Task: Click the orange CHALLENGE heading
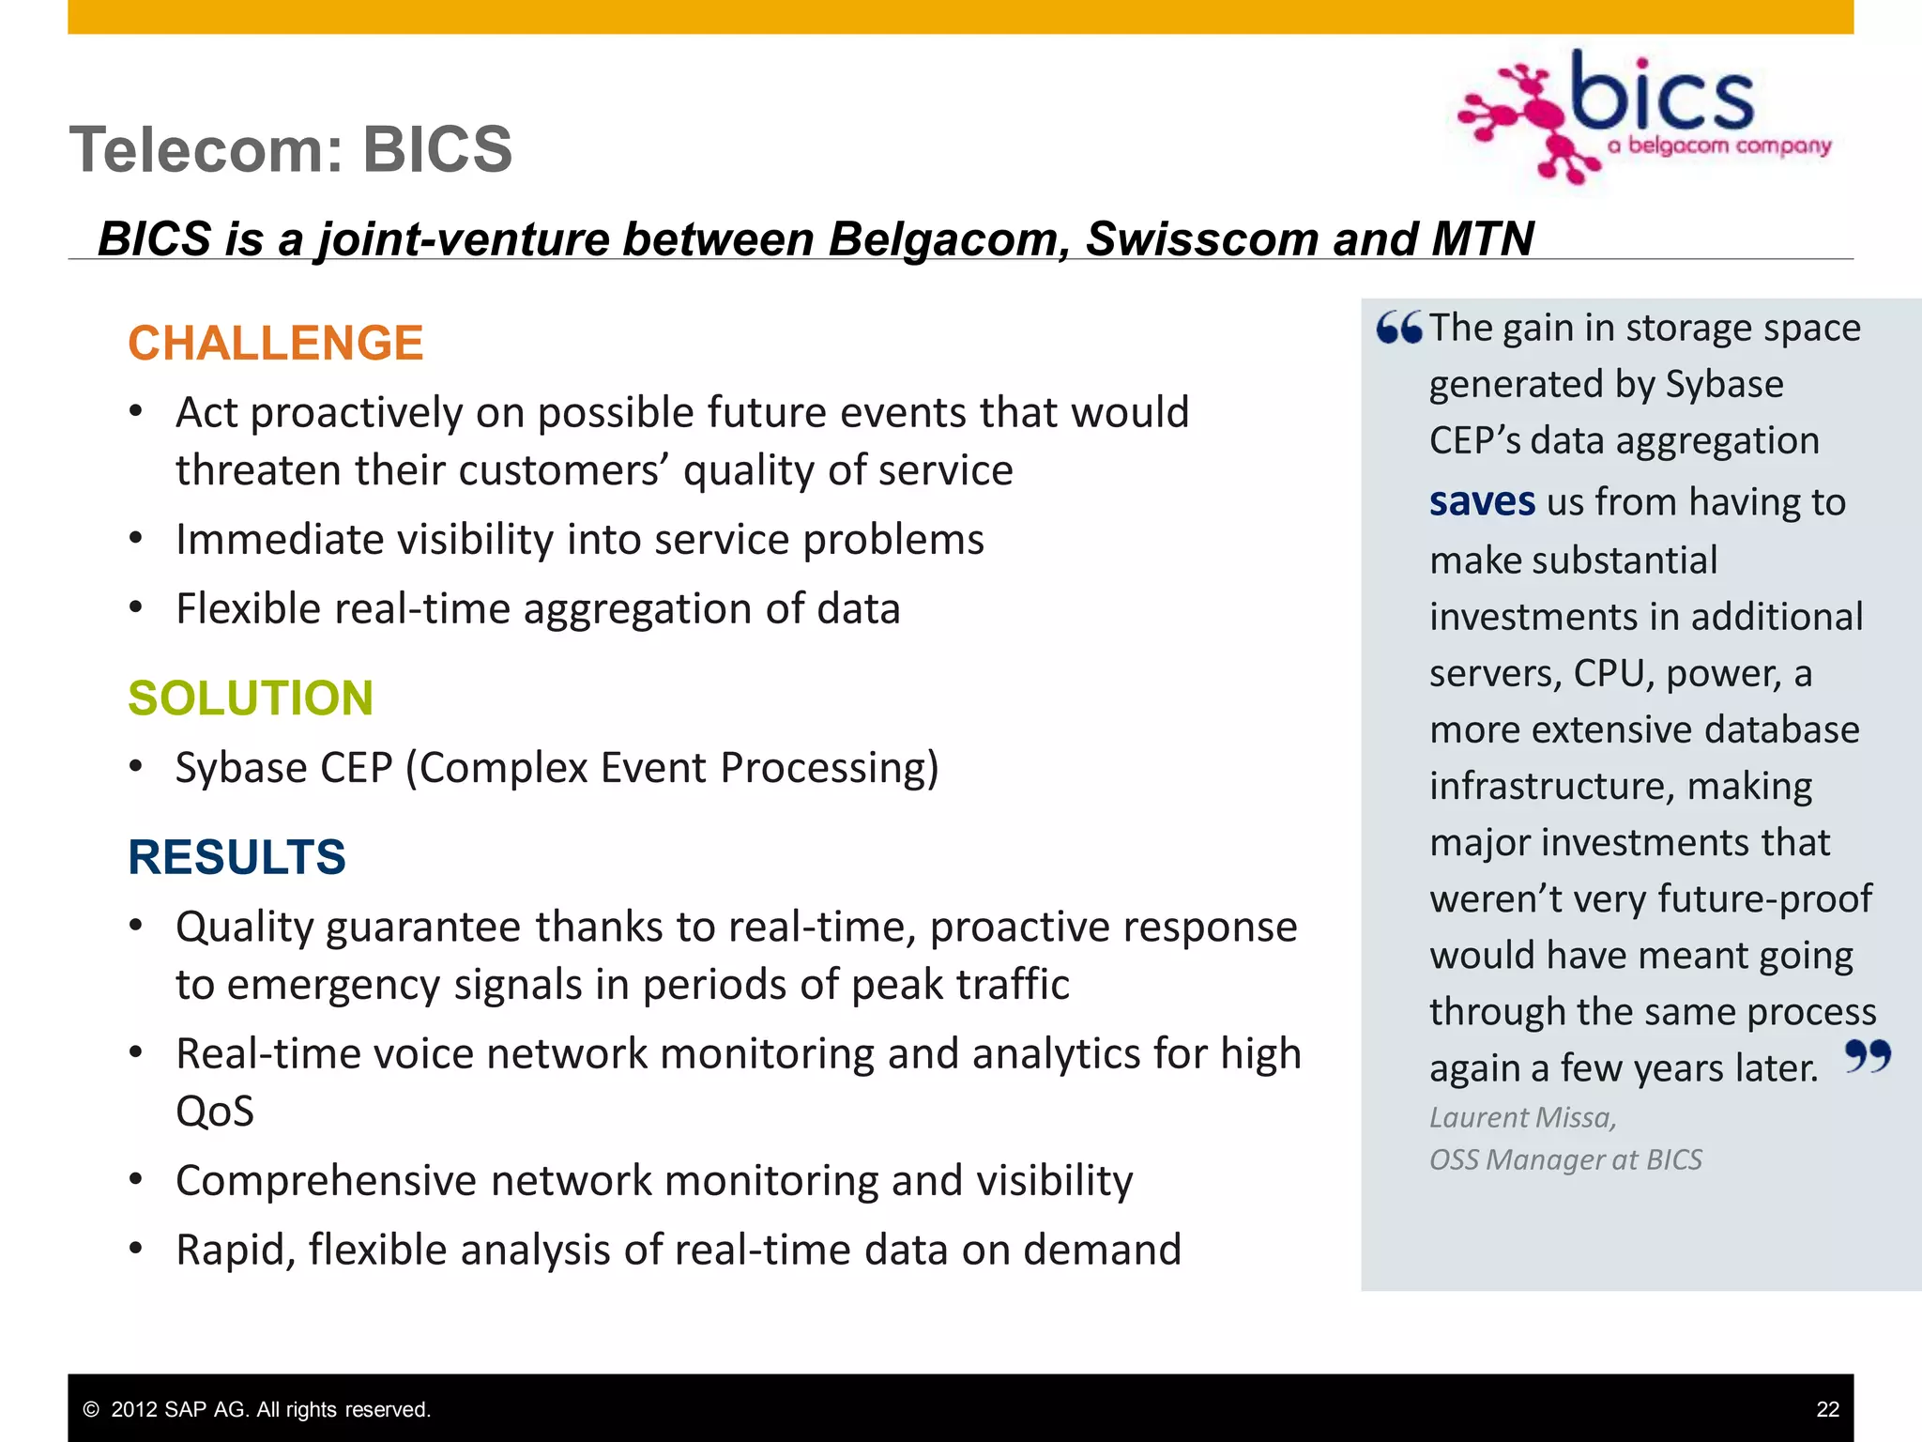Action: (275, 343)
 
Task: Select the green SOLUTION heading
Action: (251, 698)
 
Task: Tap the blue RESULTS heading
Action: (236, 856)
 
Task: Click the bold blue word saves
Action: (1482, 501)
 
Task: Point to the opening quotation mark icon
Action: (1398, 328)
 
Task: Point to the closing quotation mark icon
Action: (1867, 1056)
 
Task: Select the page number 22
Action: (1827, 1409)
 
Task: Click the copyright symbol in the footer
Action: (91, 1409)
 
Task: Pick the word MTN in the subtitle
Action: (1483, 238)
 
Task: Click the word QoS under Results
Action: (215, 1112)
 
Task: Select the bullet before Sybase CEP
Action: (137, 767)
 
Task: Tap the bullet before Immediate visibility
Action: (137, 539)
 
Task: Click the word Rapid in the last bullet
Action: (234, 1250)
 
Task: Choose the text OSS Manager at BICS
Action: (1565, 1159)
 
